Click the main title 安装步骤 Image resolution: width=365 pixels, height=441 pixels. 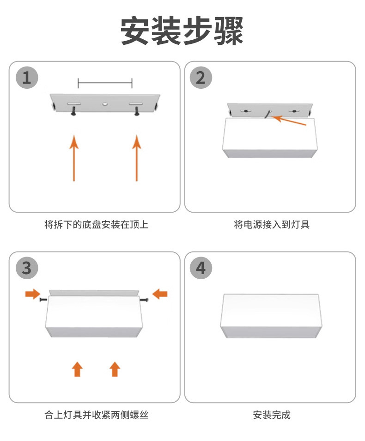[x=182, y=31]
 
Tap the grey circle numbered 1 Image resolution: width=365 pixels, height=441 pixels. [x=27, y=77]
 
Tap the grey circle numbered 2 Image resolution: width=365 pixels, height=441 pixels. [x=201, y=77]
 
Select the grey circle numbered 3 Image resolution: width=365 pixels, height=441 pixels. [x=27, y=268]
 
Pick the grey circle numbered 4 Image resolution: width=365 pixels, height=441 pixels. [x=201, y=268]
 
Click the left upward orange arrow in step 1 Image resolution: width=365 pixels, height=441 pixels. [x=74, y=157]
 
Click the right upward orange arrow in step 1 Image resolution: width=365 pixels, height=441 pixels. [x=136, y=157]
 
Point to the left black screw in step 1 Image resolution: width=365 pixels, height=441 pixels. [x=73, y=111]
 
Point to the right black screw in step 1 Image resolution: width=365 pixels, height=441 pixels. [x=137, y=111]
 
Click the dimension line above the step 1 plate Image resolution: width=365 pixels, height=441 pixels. [x=105, y=83]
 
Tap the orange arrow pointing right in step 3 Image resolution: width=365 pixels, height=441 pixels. [x=32, y=294]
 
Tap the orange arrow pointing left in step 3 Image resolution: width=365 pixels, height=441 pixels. [x=160, y=294]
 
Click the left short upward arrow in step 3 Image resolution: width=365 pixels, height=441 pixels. [x=78, y=369]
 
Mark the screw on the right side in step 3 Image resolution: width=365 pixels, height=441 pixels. [x=145, y=300]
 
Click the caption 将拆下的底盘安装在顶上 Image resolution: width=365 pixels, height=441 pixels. [x=96, y=225]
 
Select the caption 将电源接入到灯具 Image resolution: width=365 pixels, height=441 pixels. [x=272, y=225]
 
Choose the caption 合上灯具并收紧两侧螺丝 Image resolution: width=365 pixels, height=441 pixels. [x=96, y=415]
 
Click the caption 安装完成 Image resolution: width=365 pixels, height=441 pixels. [x=272, y=415]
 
